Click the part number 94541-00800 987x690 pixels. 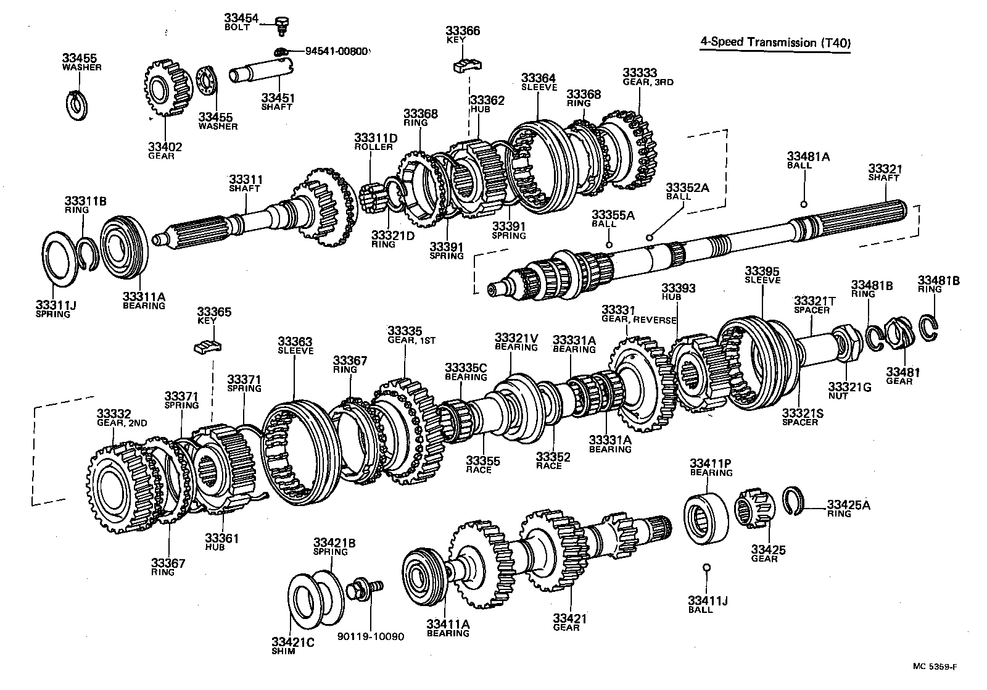pyautogui.click(x=337, y=52)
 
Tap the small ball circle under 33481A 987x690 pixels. pyautogui.click(x=804, y=205)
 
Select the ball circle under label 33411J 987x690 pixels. pyautogui.click(x=707, y=568)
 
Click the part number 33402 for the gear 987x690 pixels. pyautogui.click(x=164, y=147)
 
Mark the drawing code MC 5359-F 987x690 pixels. pyautogui.click(x=938, y=666)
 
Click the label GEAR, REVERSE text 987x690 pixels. pyautogui.click(x=639, y=320)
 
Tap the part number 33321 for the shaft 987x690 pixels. pyautogui.click(x=885, y=168)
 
